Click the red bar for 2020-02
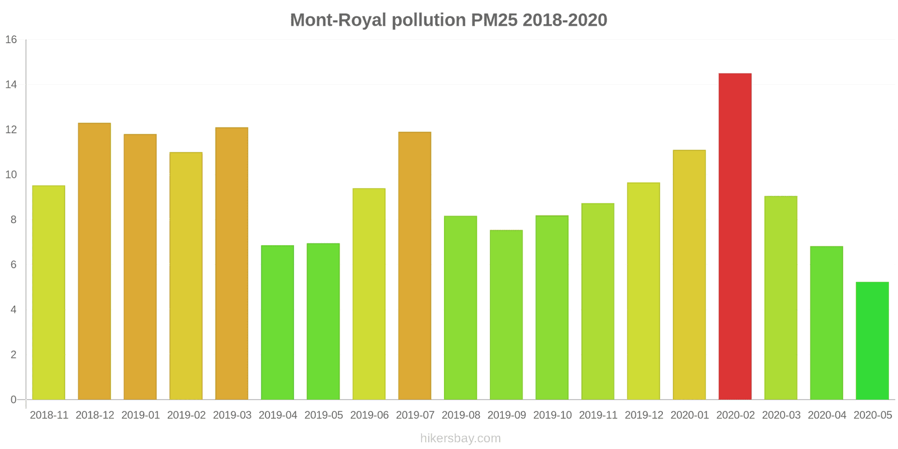click(735, 236)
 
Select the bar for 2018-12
click(94, 261)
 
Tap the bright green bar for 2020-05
click(872, 341)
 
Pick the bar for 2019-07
click(415, 265)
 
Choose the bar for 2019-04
click(277, 322)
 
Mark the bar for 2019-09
click(506, 314)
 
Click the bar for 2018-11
click(49, 292)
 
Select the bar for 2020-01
click(689, 274)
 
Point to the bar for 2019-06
click(369, 294)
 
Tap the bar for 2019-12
click(643, 291)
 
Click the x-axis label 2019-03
click(232, 415)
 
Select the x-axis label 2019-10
click(552, 415)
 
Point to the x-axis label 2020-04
click(827, 415)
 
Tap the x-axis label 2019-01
click(140, 415)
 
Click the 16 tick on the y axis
click(11, 40)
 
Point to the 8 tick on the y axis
click(13, 220)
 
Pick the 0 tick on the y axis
click(13, 400)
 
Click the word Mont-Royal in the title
click(338, 20)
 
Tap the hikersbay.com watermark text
click(460, 438)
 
